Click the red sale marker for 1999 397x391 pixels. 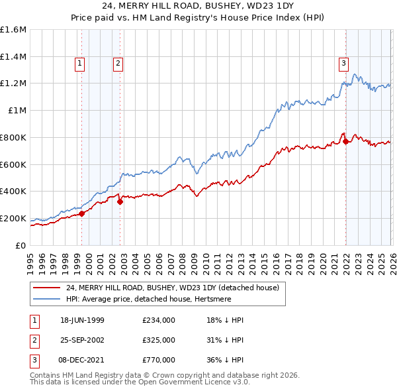tap(82, 213)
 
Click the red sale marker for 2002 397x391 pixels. tap(120, 202)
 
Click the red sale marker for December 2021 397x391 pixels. tap(345, 141)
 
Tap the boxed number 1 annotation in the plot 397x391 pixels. tap(79, 64)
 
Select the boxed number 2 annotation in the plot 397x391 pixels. tap(117, 64)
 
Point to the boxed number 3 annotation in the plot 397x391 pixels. tap(343, 64)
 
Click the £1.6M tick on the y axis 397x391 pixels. tap(13, 30)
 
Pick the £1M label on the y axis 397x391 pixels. tap(18, 111)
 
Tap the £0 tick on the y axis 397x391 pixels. tap(21, 246)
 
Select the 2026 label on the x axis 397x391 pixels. tap(392, 258)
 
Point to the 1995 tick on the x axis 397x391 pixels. tap(30, 258)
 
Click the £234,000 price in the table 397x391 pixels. tap(158, 320)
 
